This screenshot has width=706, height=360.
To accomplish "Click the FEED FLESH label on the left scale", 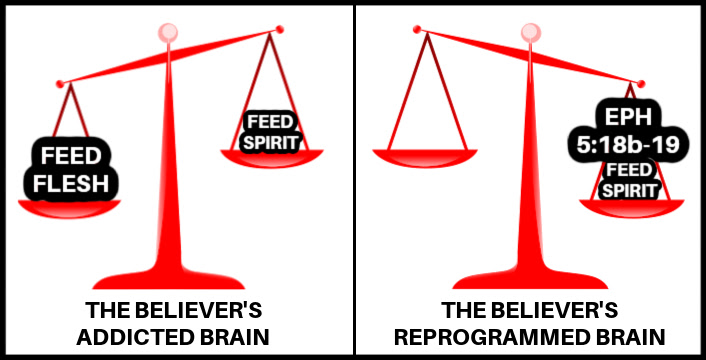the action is pos(73,170).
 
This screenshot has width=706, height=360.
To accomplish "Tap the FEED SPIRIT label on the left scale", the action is pos(270,130).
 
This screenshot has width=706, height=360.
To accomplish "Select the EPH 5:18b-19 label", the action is pos(628,130).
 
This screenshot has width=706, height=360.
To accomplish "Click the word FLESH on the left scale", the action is pos(73,184).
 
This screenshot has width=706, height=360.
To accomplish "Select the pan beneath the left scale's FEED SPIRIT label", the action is pos(272,157).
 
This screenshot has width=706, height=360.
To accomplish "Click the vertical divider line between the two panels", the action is pos(353,180).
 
